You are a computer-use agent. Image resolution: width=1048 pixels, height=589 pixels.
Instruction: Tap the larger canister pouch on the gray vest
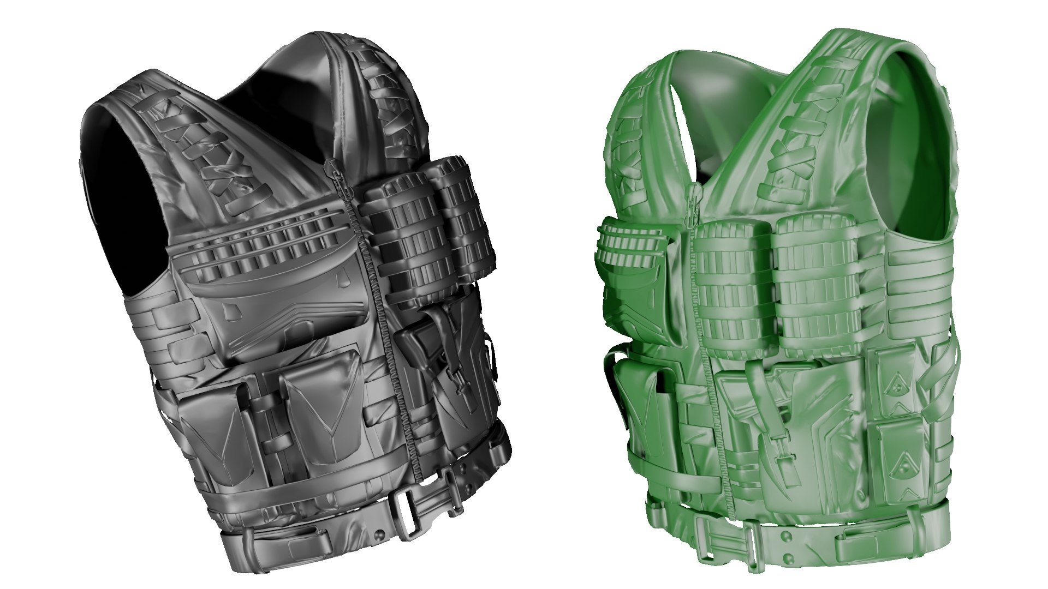tap(407, 240)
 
